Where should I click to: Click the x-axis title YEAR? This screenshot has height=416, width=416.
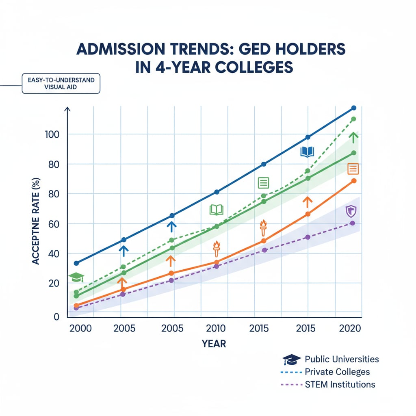[214, 344]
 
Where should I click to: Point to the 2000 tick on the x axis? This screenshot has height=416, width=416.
[81, 329]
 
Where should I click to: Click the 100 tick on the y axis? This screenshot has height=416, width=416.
[52, 134]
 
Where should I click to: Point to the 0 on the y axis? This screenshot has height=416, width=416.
[56, 317]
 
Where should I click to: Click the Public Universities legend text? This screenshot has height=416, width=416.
[342, 359]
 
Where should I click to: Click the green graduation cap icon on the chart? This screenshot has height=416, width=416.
[76, 277]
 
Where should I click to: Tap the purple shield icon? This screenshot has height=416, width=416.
[350, 211]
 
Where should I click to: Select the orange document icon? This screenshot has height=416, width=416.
[353, 169]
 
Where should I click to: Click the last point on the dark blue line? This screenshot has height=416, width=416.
[353, 108]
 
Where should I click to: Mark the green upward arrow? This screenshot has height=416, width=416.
[354, 137]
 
